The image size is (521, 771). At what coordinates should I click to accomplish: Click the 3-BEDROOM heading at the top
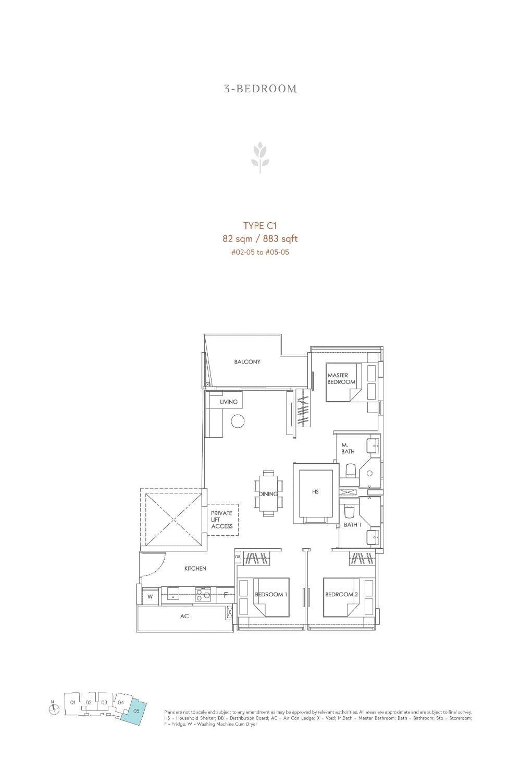[x=260, y=89]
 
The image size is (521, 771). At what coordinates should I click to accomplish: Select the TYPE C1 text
[x=260, y=226]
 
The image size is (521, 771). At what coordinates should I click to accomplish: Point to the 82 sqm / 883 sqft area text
[x=260, y=239]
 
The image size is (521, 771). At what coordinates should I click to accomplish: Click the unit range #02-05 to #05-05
[x=260, y=251]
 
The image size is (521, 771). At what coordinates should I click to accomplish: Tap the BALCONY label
[x=247, y=362]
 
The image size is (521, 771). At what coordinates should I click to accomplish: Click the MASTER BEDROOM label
[x=341, y=379]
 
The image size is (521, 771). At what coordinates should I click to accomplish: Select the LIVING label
[x=228, y=402]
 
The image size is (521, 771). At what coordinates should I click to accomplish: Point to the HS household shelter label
[x=315, y=491]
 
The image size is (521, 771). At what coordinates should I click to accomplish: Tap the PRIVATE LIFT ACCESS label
[x=222, y=520]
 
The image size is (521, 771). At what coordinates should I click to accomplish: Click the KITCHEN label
[x=195, y=568]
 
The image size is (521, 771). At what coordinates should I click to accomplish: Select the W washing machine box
[x=150, y=596]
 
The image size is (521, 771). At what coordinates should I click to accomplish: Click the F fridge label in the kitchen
[x=226, y=594]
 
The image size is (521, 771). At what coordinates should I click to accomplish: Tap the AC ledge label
[x=184, y=616]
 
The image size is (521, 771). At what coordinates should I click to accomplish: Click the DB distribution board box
[x=238, y=557]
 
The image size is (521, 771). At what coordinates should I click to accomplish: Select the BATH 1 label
[x=352, y=525]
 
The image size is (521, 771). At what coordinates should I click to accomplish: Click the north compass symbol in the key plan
[x=54, y=709]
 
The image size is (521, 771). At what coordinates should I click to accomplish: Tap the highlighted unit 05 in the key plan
[x=135, y=710]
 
